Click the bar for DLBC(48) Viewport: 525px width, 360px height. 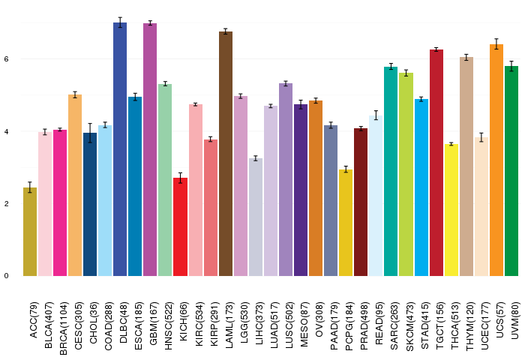coord(120,149)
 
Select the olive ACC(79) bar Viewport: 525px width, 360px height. coord(30,232)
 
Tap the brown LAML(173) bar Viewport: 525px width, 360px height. coord(226,154)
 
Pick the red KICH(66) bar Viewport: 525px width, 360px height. coord(180,227)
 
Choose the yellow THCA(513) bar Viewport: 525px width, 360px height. coord(451,210)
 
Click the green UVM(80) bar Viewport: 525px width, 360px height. coord(511,171)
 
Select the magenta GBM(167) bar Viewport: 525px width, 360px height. coord(150,150)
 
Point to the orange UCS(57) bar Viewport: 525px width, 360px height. coord(496,160)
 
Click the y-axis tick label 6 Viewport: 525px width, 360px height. coord(6,59)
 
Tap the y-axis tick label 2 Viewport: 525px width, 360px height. coord(6,203)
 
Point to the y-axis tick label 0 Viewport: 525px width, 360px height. coord(6,276)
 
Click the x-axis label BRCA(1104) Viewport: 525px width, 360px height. coord(64,328)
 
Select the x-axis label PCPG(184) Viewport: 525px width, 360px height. coord(349,326)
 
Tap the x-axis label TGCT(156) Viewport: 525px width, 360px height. coord(439,325)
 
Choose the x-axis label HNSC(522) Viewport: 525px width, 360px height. coord(169,326)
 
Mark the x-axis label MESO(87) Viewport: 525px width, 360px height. coord(304,325)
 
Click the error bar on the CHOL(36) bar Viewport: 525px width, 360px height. coord(90,133)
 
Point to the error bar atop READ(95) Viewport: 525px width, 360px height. coord(376,115)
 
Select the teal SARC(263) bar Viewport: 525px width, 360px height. coord(391,172)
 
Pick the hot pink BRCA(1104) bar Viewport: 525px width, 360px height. coord(60,203)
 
